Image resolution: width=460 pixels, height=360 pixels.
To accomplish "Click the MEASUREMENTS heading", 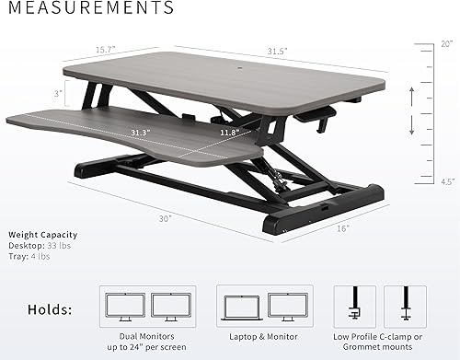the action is [x=88, y=9].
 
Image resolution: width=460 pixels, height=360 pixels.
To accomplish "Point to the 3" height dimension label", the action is [x=56, y=94].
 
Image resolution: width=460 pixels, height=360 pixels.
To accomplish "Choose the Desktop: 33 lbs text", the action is [x=41, y=246].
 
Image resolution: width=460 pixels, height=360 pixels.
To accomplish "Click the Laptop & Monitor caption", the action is [x=256, y=337].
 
